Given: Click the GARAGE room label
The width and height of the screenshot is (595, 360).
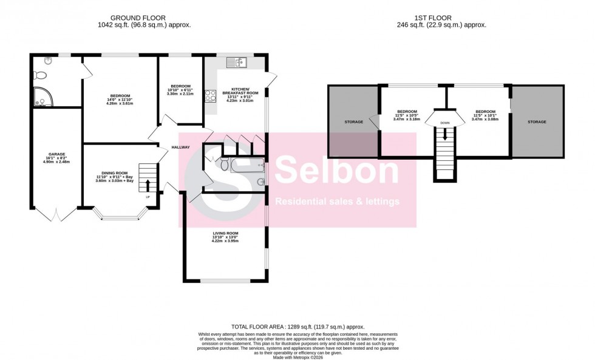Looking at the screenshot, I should point(56,154).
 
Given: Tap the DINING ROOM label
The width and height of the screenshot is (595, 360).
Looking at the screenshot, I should point(115,173).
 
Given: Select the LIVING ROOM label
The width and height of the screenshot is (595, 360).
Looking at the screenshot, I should point(225,233).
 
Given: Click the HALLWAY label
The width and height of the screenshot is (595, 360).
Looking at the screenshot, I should point(180,148).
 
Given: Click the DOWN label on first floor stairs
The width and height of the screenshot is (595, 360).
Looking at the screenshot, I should point(445,123).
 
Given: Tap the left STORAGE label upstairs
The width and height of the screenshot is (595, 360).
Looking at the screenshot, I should point(353,122).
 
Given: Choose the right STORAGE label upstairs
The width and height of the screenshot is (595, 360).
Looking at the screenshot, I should point(537,122).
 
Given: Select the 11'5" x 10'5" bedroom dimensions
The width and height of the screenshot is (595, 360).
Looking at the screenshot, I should point(407,115).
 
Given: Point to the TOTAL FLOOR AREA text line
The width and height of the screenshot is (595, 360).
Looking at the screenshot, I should point(297,327).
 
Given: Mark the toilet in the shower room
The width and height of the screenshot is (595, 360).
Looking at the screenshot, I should point(41,75).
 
